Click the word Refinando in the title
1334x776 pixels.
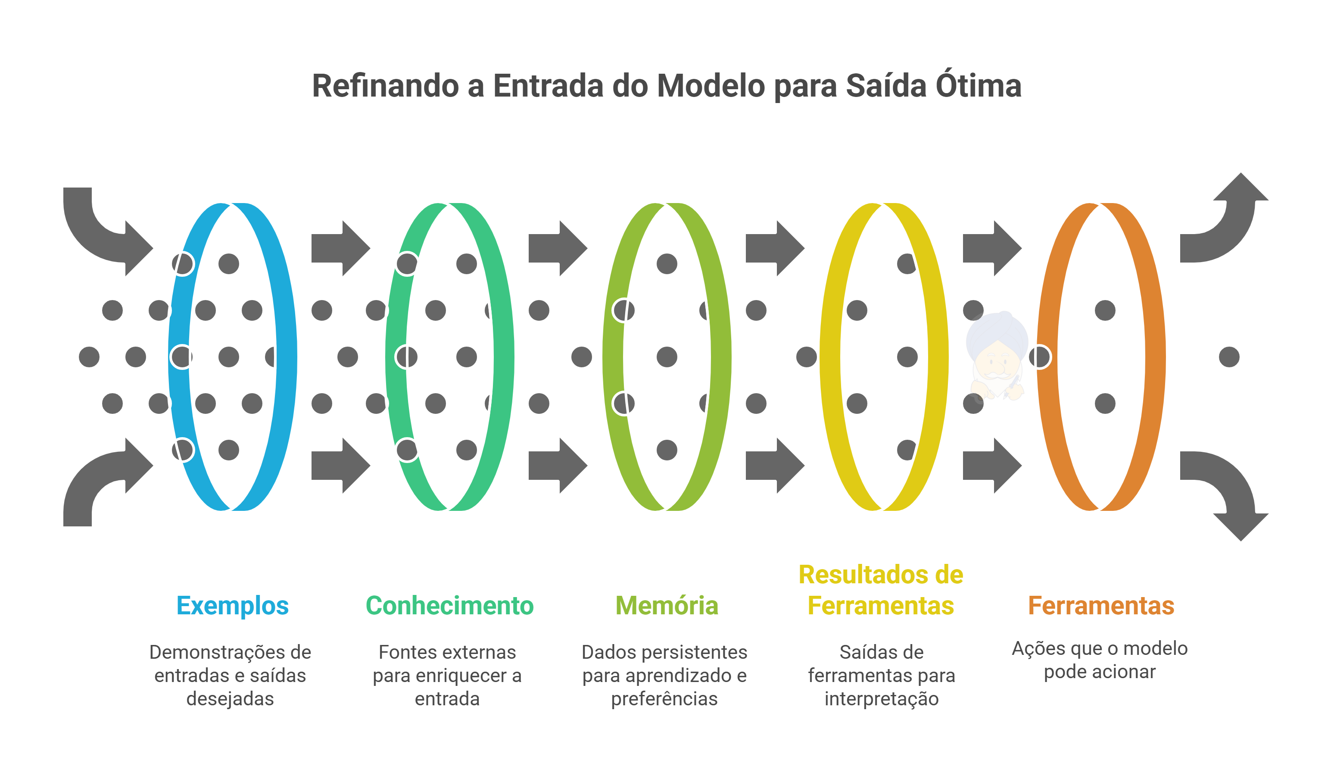pyautogui.click(x=385, y=86)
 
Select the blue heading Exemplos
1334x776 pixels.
pyautogui.click(x=232, y=605)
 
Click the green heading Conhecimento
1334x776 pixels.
pyautogui.click(x=449, y=605)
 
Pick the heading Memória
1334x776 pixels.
pyautogui.click(x=667, y=605)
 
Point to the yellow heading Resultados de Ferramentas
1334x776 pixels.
pyautogui.click(x=881, y=590)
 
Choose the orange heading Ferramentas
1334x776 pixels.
pyautogui.click(x=1101, y=605)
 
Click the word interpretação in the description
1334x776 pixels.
pyautogui.click(x=882, y=699)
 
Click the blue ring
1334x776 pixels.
pyautogui.click(x=286, y=357)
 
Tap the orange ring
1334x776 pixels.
pyautogui.click(x=1155, y=357)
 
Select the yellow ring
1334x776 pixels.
pyautogui.click(x=938, y=357)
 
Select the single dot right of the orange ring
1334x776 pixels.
pyautogui.click(x=1229, y=357)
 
